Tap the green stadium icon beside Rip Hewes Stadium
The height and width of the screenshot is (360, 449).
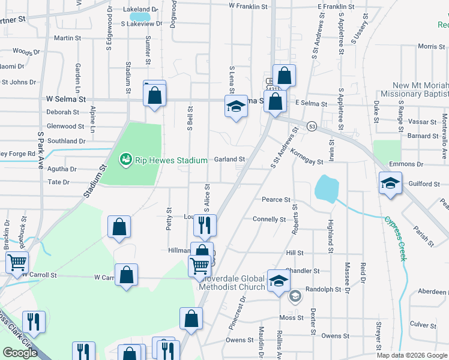click(x=125, y=160)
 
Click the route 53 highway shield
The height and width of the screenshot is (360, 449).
click(x=312, y=126)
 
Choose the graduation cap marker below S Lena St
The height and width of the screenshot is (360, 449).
click(x=236, y=107)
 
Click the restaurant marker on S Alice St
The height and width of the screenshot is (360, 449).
click(x=204, y=226)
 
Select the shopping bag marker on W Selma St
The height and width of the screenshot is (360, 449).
click(x=154, y=94)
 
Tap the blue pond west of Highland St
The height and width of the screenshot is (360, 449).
click(x=326, y=189)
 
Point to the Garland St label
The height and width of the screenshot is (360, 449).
click(x=231, y=160)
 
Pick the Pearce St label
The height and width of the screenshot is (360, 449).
click(x=276, y=199)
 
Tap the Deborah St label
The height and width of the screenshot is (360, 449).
click(x=63, y=112)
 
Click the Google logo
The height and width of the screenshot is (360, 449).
click(x=20, y=353)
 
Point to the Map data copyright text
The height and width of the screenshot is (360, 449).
click(x=411, y=355)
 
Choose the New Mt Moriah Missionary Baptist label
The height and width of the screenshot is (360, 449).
click(x=421, y=90)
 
